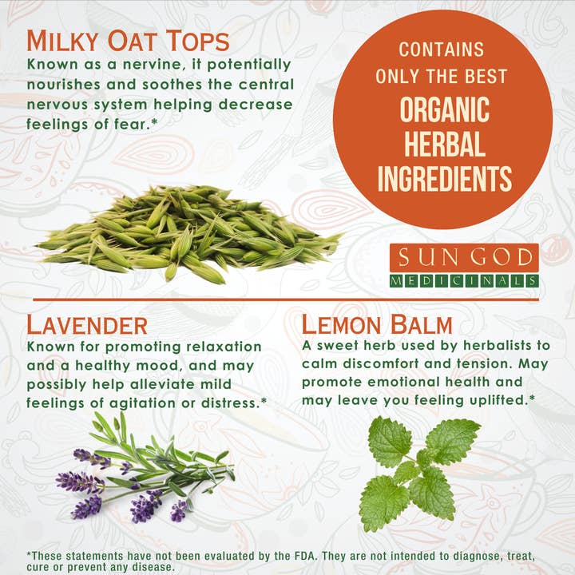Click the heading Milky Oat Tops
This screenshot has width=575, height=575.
pos(128,41)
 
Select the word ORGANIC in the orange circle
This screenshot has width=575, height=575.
pos(445,109)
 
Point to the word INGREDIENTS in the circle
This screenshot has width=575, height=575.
pos(445,178)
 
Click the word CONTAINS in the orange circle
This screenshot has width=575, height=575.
pos(442,50)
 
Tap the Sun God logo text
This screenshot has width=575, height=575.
pos(464,257)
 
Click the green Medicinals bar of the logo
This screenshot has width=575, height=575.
pos(464,281)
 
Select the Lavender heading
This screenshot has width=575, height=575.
pos(87,325)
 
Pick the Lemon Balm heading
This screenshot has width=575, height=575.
pos(377,324)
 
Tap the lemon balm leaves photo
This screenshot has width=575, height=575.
pos(418,474)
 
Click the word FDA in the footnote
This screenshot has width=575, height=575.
pos(305,556)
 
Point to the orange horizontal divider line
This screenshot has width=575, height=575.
pos(286,299)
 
